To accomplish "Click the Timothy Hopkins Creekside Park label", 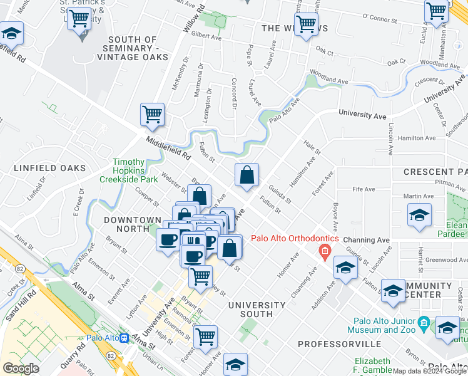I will (x=129, y=170).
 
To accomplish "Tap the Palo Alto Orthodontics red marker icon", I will (x=324, y=253).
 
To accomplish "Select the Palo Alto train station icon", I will (x=125, y=338).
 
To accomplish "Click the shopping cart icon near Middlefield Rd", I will (x=152, y=115).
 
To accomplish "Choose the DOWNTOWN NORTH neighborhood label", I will (x=133, y=220).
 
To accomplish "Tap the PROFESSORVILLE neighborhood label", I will (x=338, y=344).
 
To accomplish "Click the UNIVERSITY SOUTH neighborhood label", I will (x=257, y=309).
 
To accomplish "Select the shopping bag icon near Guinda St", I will (x=247, y=175).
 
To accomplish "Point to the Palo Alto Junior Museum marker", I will (x=424, y=321).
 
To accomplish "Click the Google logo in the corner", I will (x=21, y=368).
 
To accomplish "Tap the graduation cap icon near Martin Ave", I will (x=419, y=216).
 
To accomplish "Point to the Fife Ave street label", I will (x=364, y=189).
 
